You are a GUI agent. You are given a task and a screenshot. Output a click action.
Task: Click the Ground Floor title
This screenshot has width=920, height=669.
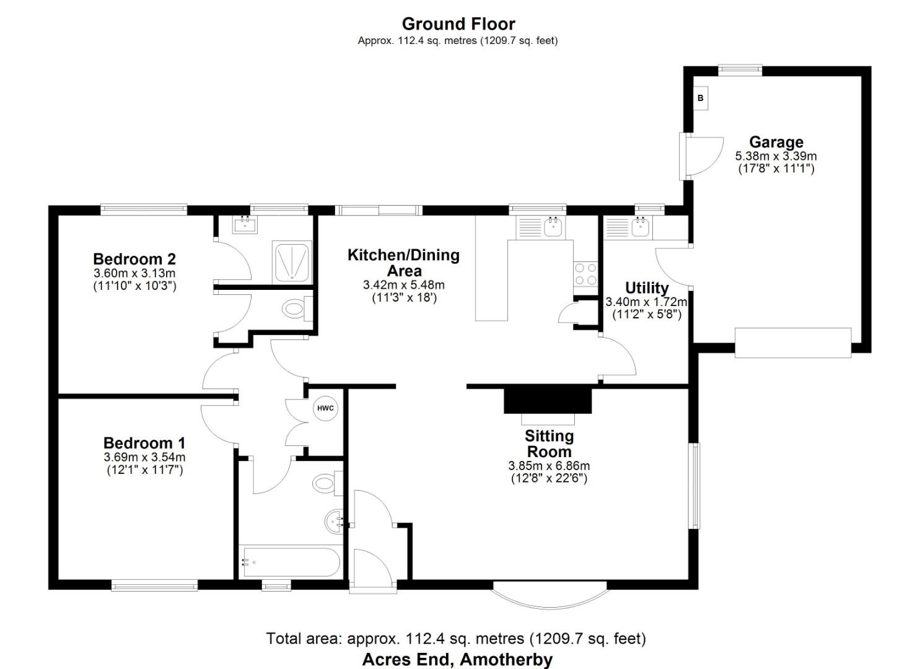click(458, 24)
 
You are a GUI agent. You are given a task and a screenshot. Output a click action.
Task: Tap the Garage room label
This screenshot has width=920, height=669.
click(776, 142)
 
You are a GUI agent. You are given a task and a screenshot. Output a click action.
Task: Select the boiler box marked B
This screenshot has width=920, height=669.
click(701, 98)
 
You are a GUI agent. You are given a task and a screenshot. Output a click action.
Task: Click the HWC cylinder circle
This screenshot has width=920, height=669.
click(325, 408)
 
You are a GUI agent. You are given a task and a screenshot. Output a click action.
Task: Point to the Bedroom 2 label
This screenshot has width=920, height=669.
click(134, 259)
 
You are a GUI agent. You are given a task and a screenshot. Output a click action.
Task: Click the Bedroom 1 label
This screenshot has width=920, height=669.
click(144, 443)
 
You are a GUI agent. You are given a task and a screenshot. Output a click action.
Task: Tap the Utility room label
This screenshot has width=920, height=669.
click(646, 288)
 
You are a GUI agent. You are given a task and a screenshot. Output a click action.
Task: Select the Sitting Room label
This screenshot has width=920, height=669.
click(549, 444)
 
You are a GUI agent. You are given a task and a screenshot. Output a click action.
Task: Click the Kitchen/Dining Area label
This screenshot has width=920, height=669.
click(403, 263)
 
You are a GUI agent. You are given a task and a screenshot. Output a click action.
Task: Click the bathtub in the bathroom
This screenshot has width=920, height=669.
click(290, 562)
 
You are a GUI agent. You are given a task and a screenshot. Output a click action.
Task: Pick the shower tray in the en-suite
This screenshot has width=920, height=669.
click(291, 261)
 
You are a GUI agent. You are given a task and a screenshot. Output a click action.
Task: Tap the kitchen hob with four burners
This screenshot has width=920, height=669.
click(585, 274)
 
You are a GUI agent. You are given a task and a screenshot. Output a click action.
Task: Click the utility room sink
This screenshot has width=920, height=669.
click(639, 227)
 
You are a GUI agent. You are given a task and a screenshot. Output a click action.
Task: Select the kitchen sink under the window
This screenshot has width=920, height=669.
click(553, 227)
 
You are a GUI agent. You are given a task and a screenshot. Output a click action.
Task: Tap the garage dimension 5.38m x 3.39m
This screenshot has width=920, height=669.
click(776, 156)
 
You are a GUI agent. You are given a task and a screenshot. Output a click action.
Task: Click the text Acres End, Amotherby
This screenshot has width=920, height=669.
click(457, 659)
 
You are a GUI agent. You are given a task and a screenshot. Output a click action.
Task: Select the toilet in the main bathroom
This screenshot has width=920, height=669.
click(324, 483)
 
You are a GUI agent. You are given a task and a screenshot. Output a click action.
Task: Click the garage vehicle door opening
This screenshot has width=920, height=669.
click(793, 343)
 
